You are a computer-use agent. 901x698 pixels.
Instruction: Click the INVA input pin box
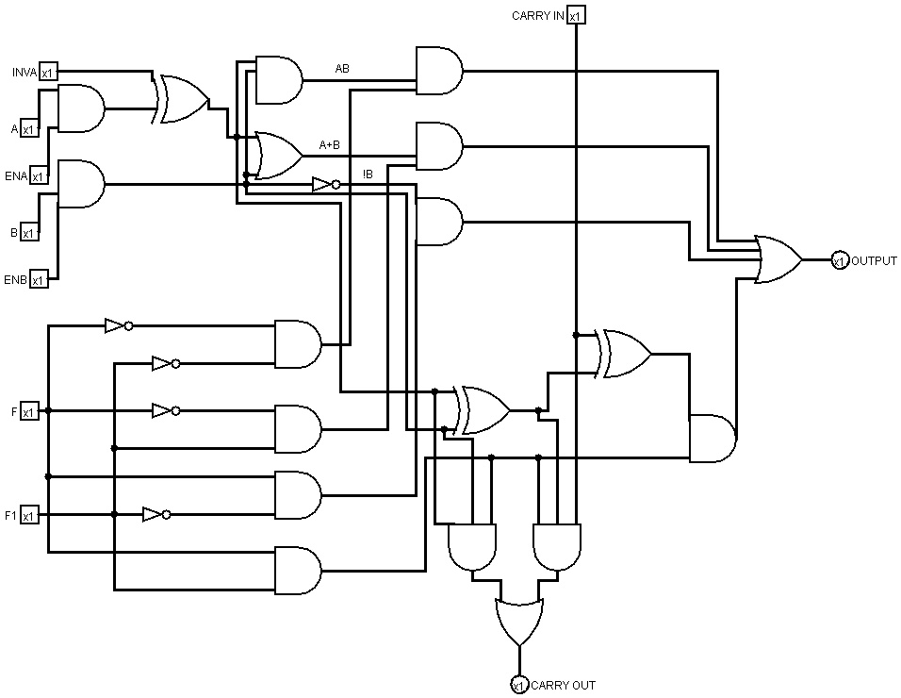[x=48, y=72]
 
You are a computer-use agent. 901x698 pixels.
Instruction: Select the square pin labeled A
[x=29, y=129]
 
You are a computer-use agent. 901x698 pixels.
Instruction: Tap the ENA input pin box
[x=39, y=176]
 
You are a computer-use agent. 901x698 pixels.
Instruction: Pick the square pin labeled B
[x=29, y=232]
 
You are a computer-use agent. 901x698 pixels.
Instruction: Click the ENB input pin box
[x=39, y=280]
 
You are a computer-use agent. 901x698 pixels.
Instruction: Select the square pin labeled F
[x=29, y=411]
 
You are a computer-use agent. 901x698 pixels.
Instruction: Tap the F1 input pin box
[x=29, y=515]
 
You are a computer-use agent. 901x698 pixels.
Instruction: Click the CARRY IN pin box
[x=576, y=15]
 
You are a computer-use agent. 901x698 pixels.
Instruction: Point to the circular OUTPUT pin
[x=839, y=260]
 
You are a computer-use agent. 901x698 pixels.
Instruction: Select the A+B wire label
[x=330, y=144]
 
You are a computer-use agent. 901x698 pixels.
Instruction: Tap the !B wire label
[x=369, y=174]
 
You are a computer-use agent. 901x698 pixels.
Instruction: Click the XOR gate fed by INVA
[x=183, y=100]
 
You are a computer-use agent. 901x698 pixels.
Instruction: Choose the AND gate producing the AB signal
[x=279, y=80]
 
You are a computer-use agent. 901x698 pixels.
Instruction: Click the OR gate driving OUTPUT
[x=778, y=259]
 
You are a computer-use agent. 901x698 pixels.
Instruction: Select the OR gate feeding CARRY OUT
[x=518, y=619]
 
